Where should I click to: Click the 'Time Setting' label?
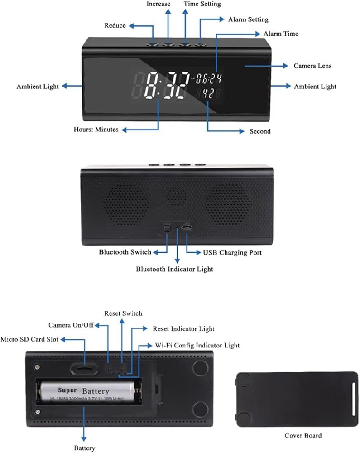pos(202,4)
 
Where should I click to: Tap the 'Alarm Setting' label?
pos(248,19)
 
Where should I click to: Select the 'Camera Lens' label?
pos(312,66)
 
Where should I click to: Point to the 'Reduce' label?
pos(115,25)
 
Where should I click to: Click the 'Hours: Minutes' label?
pos(96,130)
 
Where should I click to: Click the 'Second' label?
pos(260,131)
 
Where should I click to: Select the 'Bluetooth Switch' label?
pos(125,252)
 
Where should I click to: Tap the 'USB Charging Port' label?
pos(232,252)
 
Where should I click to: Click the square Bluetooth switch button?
pos(167,228)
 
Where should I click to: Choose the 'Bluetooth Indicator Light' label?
pos(174,269)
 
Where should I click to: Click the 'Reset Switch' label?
pos(123,313)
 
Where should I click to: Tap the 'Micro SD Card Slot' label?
pos(29,339)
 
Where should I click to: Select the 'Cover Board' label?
pos(303,436)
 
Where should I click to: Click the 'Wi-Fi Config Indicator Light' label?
pos(197,345)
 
